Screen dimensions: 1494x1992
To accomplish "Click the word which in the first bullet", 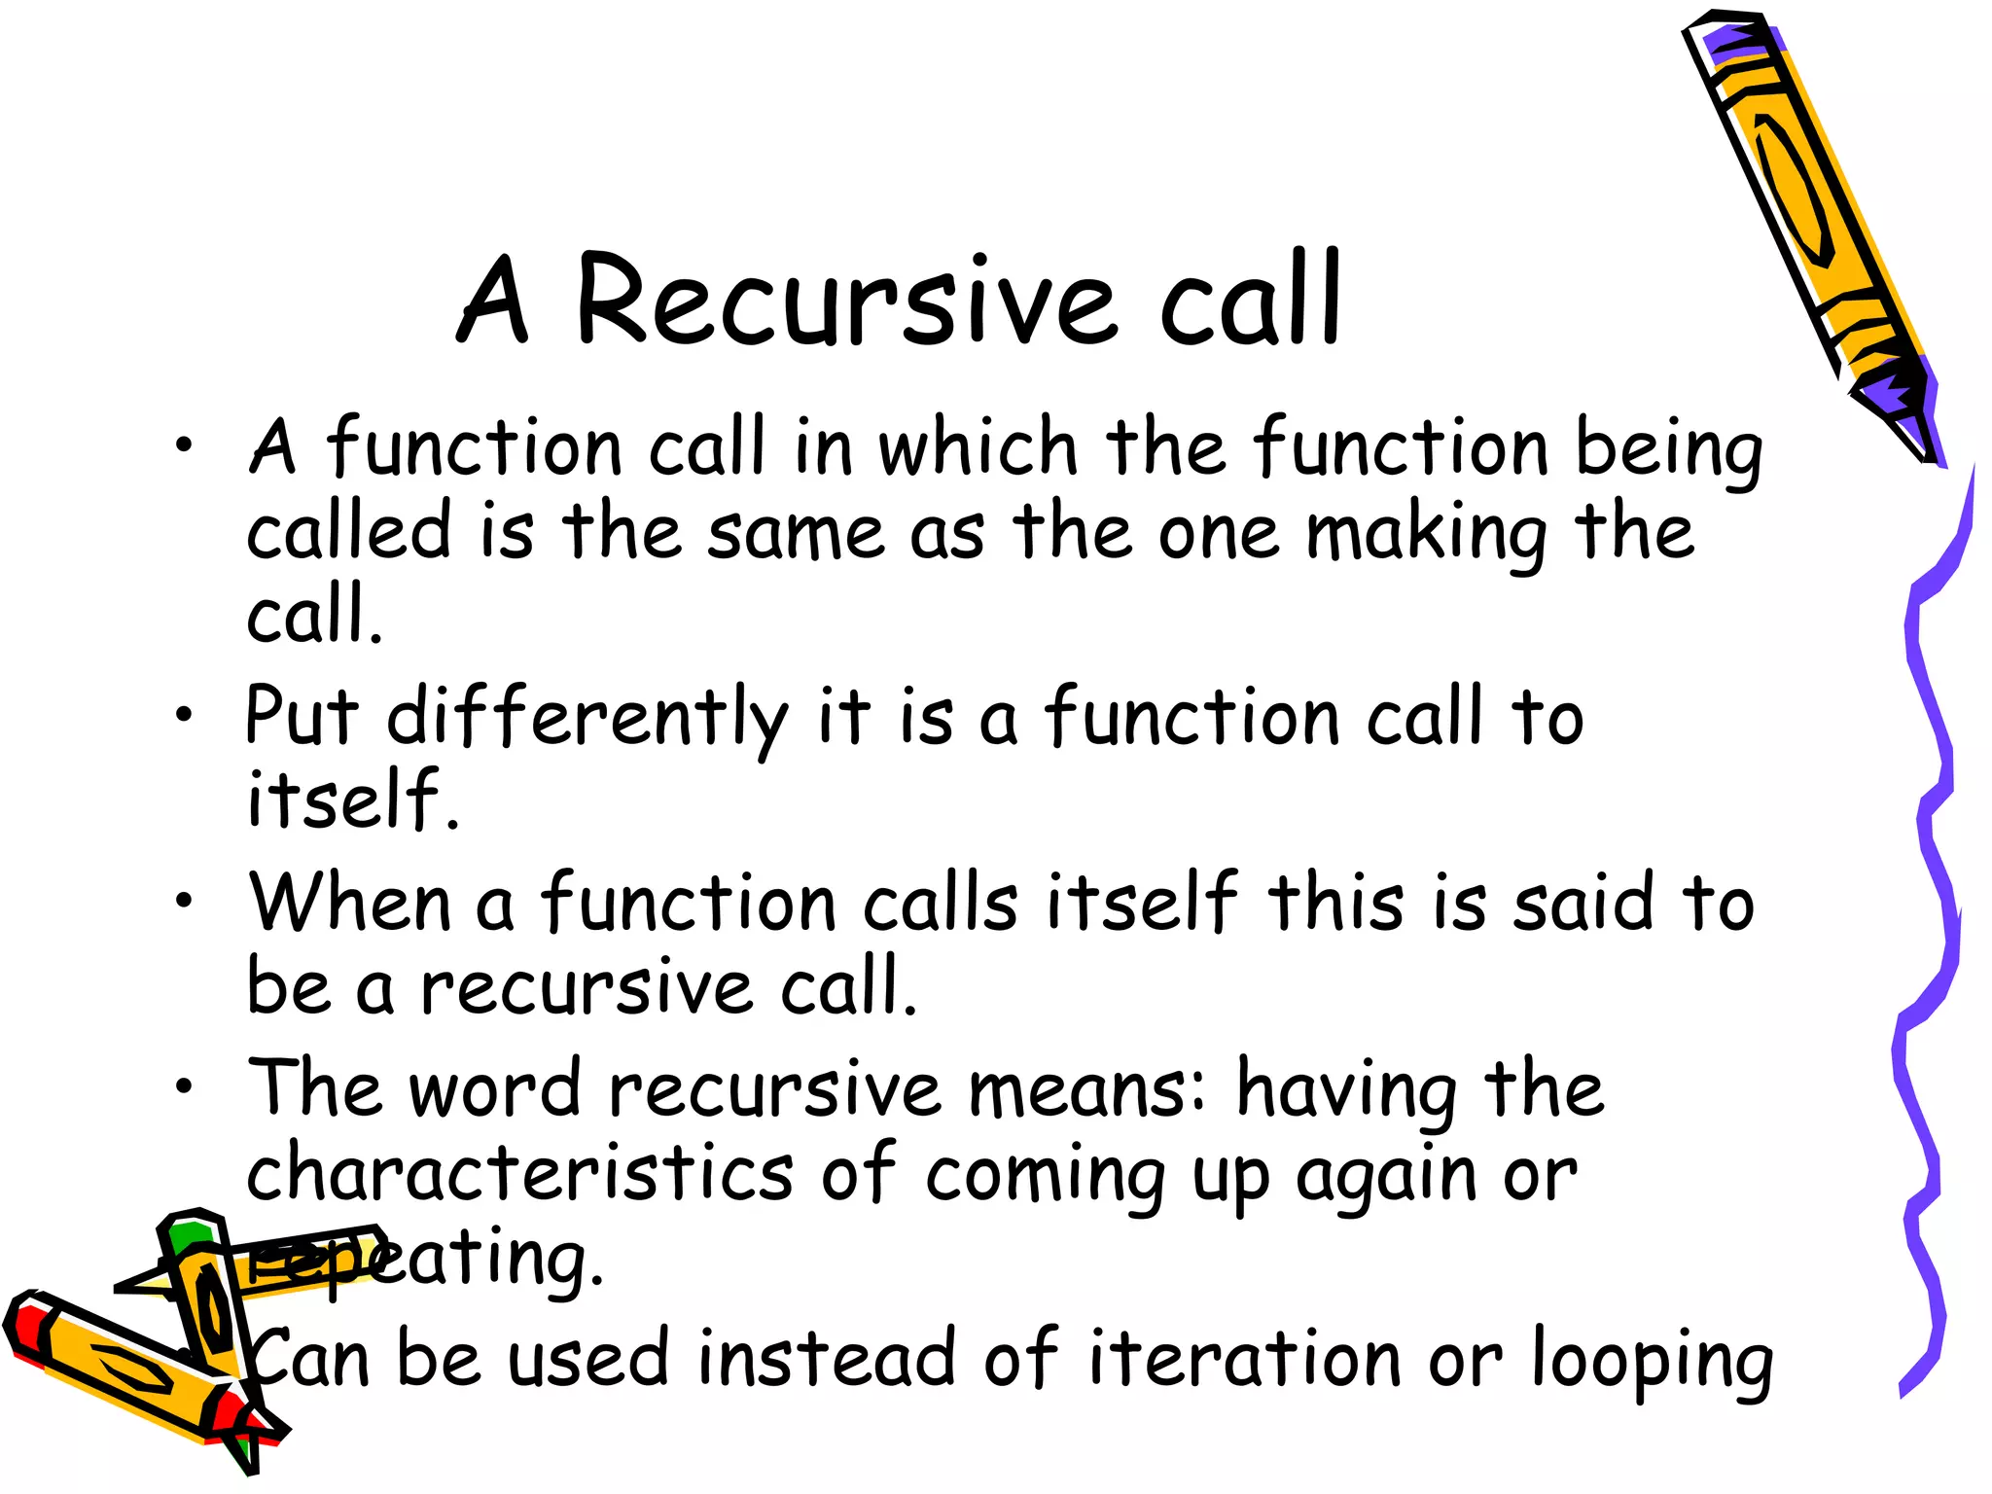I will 978,447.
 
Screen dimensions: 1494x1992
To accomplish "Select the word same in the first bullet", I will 796,533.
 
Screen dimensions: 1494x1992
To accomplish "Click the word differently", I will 587,718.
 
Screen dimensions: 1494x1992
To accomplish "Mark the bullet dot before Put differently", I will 184,715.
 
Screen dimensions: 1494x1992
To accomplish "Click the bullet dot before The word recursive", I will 184,1085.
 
